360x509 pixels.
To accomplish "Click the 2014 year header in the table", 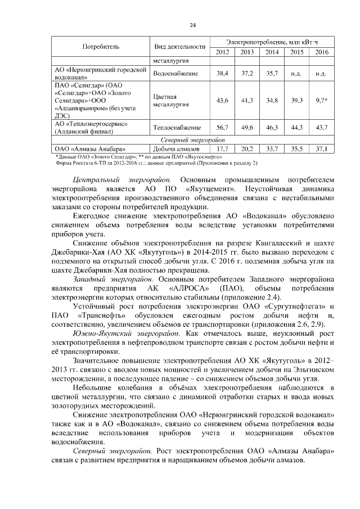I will click(x=272, y=52).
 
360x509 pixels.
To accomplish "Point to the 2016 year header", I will click(x=322, y=52).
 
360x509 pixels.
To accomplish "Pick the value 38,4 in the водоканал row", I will click(x=223, y=74).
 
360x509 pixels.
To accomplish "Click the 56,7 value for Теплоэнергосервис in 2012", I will click(x=223, y=128).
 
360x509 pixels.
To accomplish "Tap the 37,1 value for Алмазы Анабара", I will click(x=322, y=148).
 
